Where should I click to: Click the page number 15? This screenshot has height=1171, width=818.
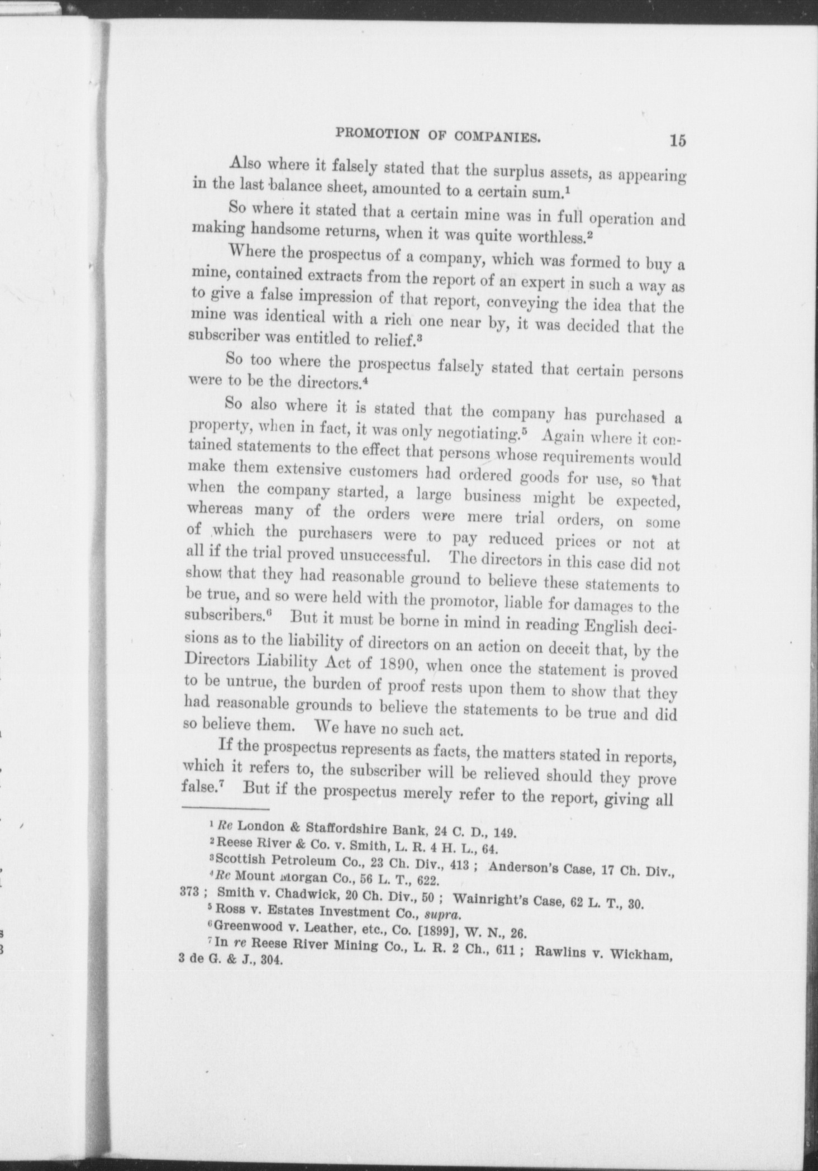tap(678, 141)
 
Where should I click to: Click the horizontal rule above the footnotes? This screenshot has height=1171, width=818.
tap(226, 808)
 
